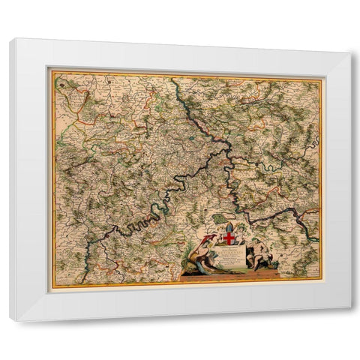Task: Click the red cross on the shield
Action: tap(229, 238)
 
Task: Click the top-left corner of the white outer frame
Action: tap(10, 39)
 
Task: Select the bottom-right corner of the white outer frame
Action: tap(349, 307)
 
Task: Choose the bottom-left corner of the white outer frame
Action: tap(10, 321)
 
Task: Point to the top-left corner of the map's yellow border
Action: tap(50, 70)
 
